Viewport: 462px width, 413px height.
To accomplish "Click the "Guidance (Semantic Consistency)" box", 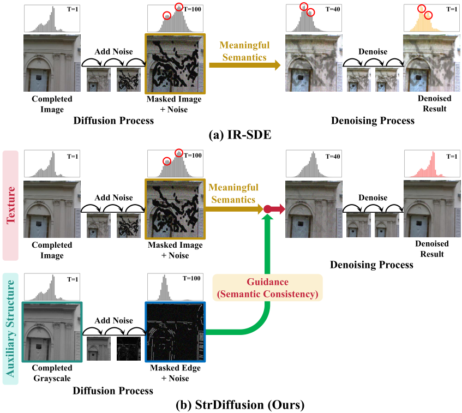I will tap(268, 288).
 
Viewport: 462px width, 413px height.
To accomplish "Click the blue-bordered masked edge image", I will tap(175, 331).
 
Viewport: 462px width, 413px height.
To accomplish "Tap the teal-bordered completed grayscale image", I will tap(51, 331).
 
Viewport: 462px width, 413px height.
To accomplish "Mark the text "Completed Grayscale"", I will tap(51, 373).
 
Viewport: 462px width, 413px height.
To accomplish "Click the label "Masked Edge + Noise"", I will tap(175, 373).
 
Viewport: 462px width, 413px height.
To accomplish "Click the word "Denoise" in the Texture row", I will tap(373, 197).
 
